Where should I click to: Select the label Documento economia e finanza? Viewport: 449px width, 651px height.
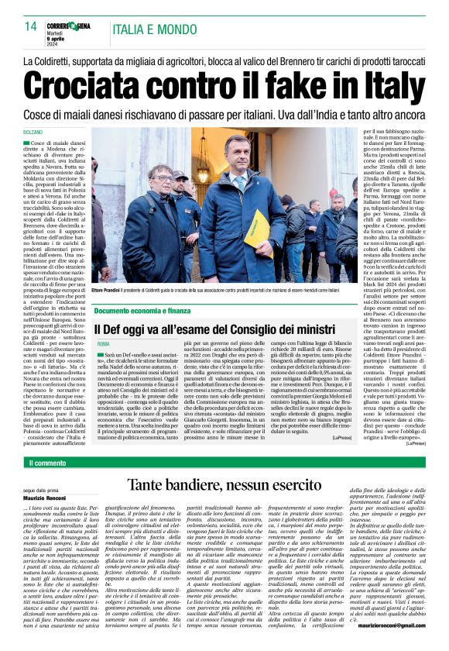tap(142, 310)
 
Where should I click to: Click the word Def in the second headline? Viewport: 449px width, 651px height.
tap(122, 329)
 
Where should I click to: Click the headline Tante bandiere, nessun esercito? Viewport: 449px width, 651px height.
tap(224, 487)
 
